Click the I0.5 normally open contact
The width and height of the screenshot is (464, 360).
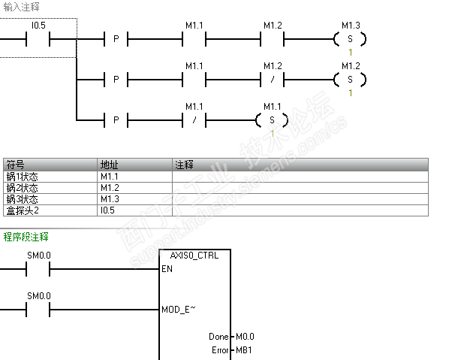click(38, 39)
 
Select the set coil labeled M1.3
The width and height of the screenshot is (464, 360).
click(350, 39)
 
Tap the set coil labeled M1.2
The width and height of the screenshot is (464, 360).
click(350, 80)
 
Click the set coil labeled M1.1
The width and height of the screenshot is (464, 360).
click(272, 120)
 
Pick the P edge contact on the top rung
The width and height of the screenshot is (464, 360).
click(116, 39)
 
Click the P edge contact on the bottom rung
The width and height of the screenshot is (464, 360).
click(116, 120)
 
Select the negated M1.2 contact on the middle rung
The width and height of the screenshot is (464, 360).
click(273, 80)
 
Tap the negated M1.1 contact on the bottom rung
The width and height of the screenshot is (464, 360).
click(194, 120)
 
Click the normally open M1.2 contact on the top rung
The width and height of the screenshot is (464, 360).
click(273, 39)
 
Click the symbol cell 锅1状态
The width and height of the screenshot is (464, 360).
click(23, 177)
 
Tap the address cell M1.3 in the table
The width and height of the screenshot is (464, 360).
click(110, 199)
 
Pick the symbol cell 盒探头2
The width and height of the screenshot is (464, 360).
click(23, 210)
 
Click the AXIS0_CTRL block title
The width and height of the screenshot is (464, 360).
click(194, 256)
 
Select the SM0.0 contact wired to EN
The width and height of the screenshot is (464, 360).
click(38, 269)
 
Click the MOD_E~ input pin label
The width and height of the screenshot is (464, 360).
click(179, 310)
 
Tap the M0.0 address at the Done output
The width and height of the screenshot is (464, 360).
click(245, 337)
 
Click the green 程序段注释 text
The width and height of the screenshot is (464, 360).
click(26, 237)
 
